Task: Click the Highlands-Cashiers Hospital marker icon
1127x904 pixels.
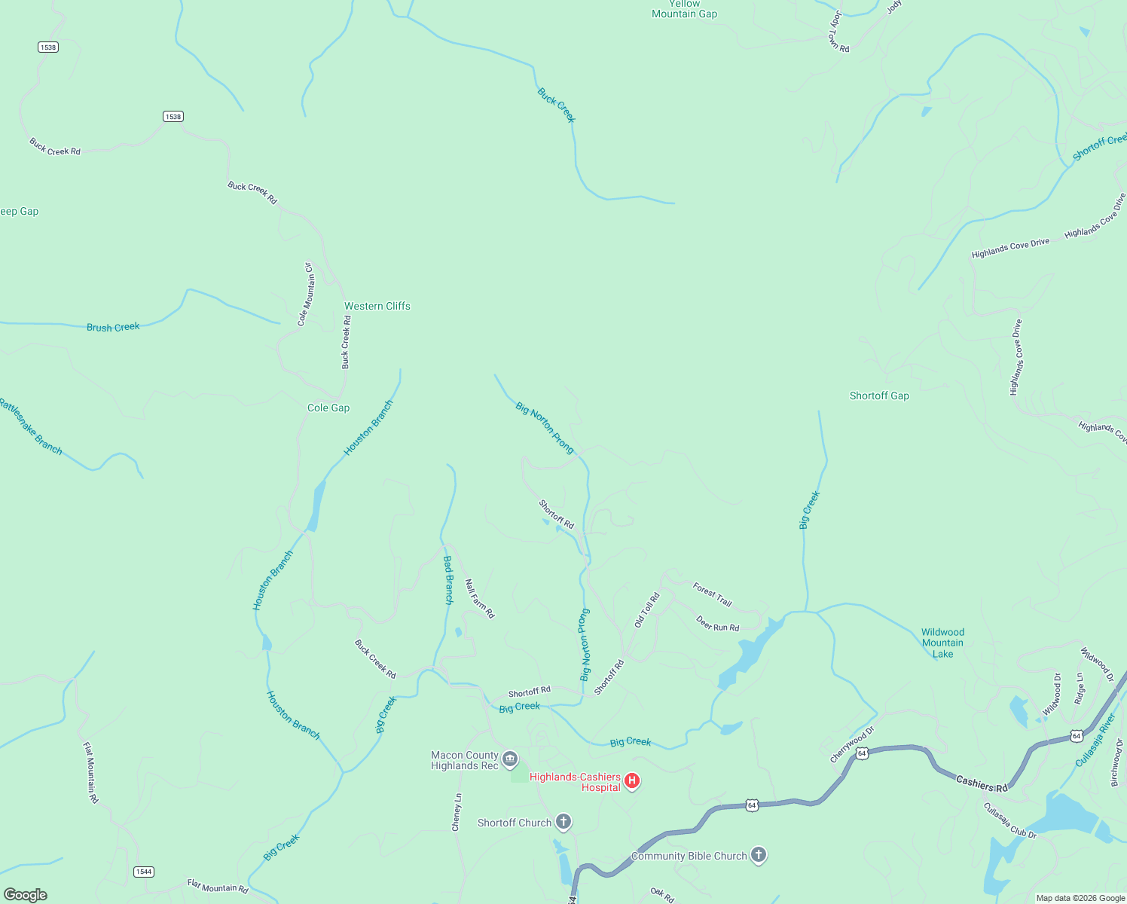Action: tap(632, 781)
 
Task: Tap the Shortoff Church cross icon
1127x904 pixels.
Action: tap(563, 822)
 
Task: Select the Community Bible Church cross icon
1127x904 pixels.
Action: tap(759, 855)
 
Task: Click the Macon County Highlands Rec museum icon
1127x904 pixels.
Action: tap(510, 759)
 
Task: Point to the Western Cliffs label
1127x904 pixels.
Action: tap(377, 306)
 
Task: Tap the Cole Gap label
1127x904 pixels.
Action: tap(328, 408)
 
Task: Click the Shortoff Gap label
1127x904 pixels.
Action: tap(879, 395)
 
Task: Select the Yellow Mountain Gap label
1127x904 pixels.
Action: tap(684, 9)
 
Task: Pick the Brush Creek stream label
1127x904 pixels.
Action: tap(113, 327)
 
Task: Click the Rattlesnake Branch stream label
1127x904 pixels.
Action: tap(30, 426)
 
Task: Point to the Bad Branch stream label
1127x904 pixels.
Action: tap(448, 580)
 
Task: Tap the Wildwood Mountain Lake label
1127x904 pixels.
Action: tap(942, 643)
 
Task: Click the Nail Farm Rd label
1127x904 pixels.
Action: tap(479, 599)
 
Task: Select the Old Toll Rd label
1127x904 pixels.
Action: tap(646, 610)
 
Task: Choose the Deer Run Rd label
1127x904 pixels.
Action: tap(717, 624)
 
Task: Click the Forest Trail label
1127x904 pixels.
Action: tap(712, 594)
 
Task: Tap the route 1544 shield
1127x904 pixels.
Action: tap(143, 872)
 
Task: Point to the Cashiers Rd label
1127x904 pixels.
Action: tap(982, 784)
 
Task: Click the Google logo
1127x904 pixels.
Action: tap(26, 895)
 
